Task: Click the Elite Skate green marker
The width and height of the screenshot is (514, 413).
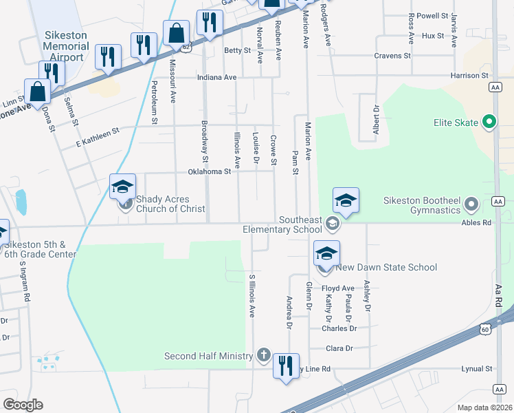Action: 489,123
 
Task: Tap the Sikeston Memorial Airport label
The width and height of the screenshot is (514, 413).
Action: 66,46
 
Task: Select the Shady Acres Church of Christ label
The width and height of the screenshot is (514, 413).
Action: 170,204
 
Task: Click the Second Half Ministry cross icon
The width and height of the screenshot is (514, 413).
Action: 262,355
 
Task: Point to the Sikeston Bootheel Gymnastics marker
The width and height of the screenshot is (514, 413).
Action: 471,204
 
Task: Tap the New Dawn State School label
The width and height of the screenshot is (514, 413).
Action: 388,267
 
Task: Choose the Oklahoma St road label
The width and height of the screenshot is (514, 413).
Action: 209,172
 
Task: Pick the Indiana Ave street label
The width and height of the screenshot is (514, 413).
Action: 216,78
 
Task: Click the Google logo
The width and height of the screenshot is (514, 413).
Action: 23,404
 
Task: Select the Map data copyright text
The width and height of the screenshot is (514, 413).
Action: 484,407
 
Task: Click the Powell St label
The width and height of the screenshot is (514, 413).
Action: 432,15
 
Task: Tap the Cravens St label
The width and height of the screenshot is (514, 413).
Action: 392,56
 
